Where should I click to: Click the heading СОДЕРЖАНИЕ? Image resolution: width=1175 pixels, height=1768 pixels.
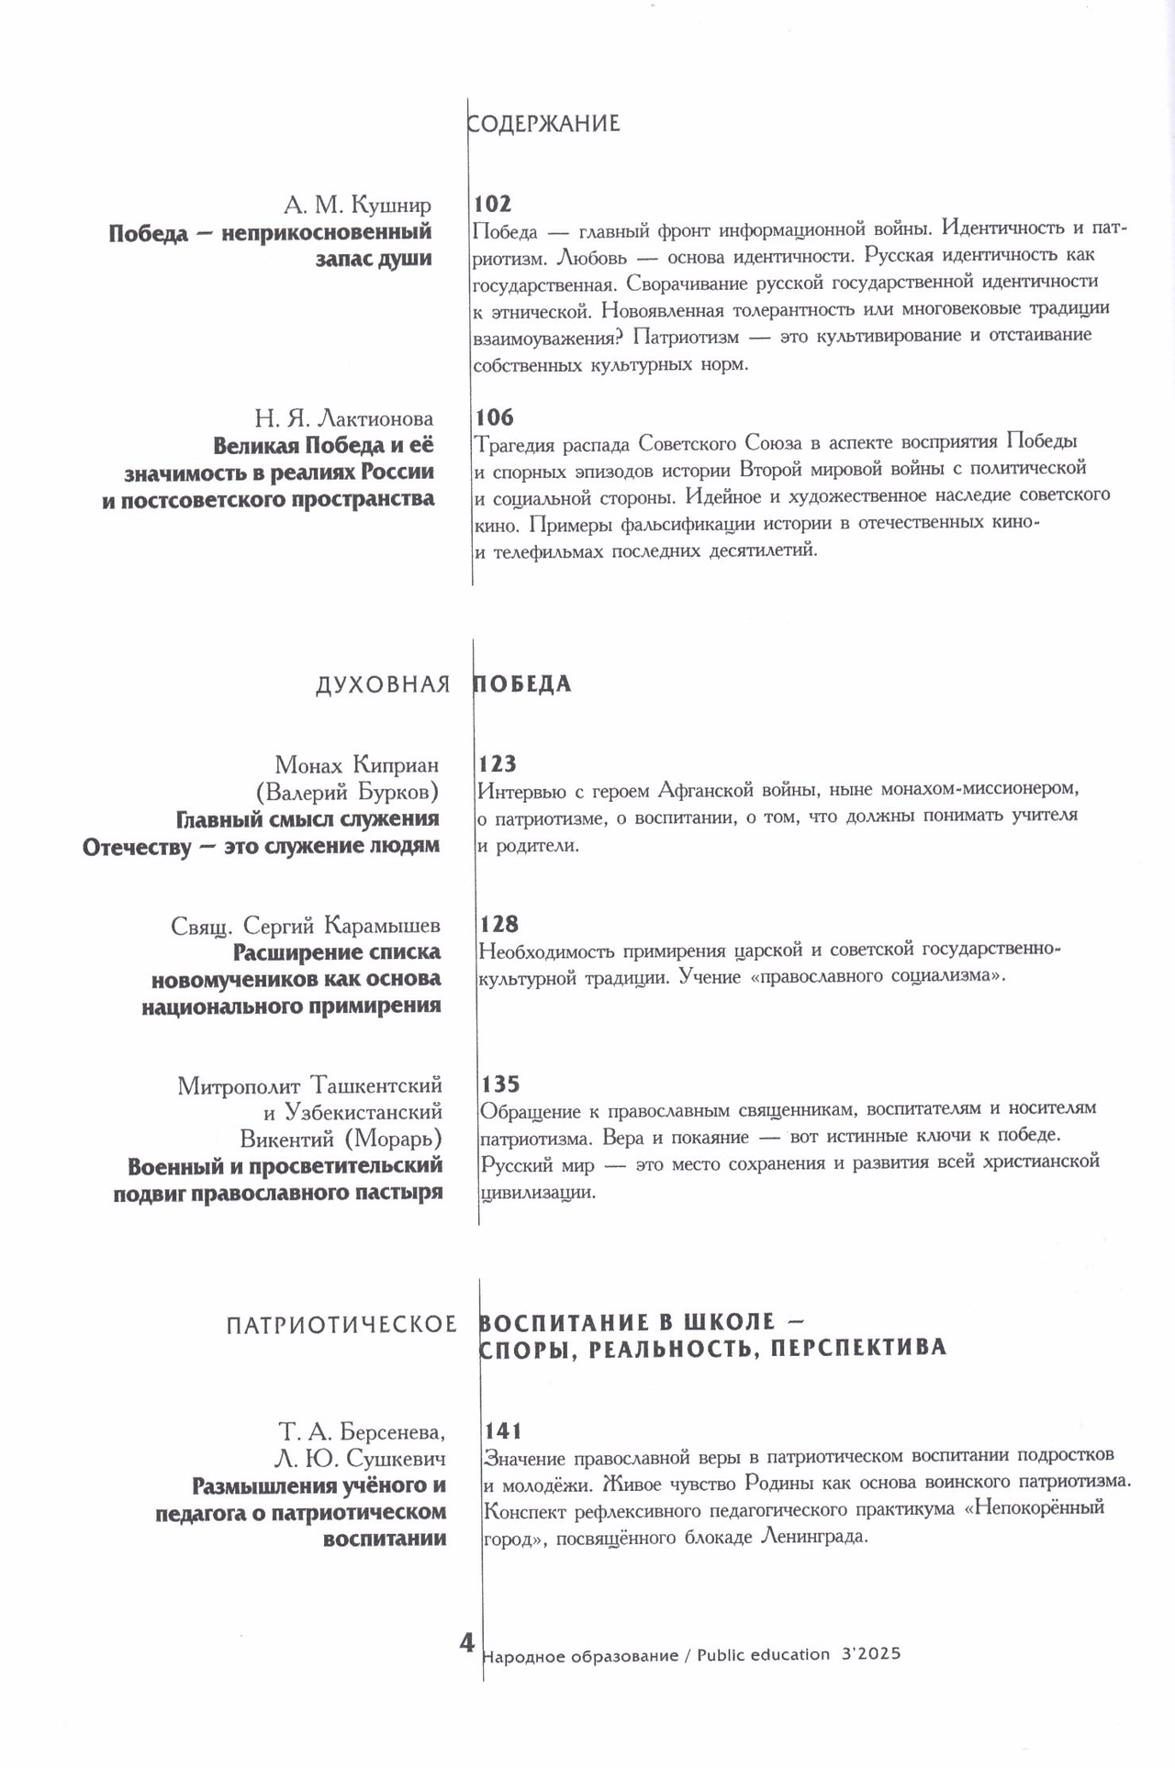click(543, 124)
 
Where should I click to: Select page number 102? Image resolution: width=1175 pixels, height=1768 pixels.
click(492, 204)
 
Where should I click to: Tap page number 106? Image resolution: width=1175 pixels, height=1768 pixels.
click(494, 417)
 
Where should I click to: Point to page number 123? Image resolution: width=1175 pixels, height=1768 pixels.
click(498, 763)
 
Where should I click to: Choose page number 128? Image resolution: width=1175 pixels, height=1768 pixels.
click(498, 923)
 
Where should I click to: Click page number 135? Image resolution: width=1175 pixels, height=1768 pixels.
click(500, 1084)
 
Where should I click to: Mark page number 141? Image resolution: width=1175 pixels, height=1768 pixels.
click(502, 1430)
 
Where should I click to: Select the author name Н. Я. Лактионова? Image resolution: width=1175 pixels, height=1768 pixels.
click(343, 419)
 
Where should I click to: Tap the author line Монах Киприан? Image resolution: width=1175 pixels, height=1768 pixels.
click(356, 764)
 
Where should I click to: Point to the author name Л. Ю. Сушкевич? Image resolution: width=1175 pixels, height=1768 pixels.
click(371, 1459)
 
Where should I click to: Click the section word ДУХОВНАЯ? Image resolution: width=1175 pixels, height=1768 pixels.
click(383, 684)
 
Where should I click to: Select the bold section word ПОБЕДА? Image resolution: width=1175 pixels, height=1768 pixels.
click(522, 684)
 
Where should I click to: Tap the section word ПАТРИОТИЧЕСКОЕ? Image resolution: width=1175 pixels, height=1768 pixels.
click(341, 1324)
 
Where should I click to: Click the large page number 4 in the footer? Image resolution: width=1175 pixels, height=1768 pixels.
click(467, 1641)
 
